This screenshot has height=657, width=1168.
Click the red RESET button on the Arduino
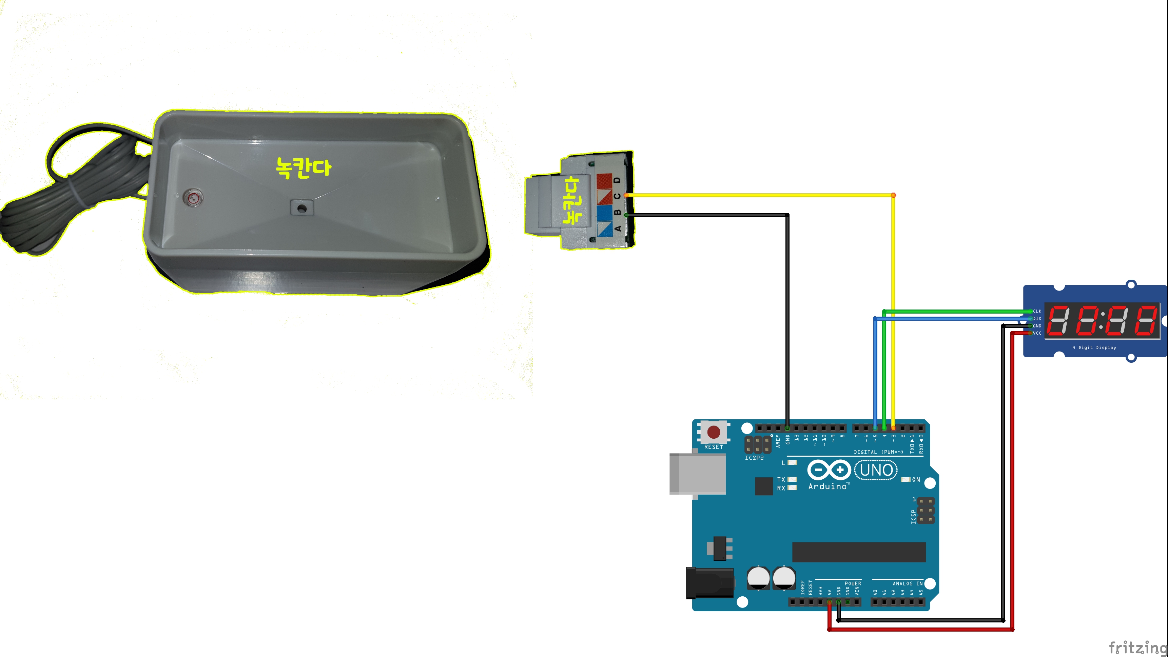tap(714, 432)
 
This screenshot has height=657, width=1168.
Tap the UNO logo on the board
tap(876, 470)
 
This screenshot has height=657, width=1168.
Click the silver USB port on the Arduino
tap(697, 474)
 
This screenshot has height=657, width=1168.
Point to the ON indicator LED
tap(906, 479)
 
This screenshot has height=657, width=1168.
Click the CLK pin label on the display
tap(1037, 311)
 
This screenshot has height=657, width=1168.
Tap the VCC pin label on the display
tap(1037, 333)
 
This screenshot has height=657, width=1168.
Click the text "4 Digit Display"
tap(1094, 347)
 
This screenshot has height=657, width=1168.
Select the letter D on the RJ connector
tap(617, 180)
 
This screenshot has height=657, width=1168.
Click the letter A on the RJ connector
tap(617, 228)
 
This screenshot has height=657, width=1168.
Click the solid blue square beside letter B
tap(604, 213)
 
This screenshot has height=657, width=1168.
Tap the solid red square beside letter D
tap(604, 180)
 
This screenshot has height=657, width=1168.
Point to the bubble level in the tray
tap(194, 198)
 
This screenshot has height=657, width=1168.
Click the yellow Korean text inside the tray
tap(303, 168)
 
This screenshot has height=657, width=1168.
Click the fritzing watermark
tap(1137, 647)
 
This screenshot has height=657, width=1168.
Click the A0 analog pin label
tap(875, 592)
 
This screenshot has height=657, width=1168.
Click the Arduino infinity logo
tap(829, 470)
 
